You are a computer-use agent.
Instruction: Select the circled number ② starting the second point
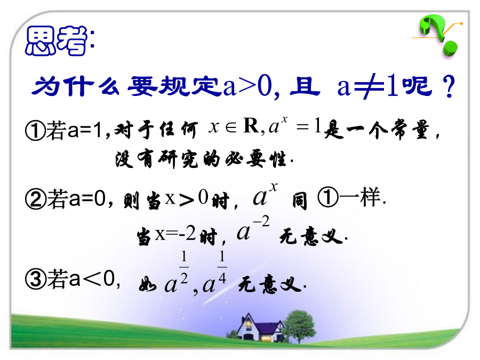[36, 199]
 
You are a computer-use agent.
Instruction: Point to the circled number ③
[36, 279]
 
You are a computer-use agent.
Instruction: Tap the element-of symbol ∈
[231, 127]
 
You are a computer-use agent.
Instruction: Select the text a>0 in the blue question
[247, 86]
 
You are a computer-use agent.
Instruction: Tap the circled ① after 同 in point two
[328, 197]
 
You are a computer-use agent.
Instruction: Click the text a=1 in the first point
[85, 130]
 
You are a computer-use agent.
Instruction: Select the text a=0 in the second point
[87, 199]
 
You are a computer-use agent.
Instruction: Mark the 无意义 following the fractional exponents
[270, 284]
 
